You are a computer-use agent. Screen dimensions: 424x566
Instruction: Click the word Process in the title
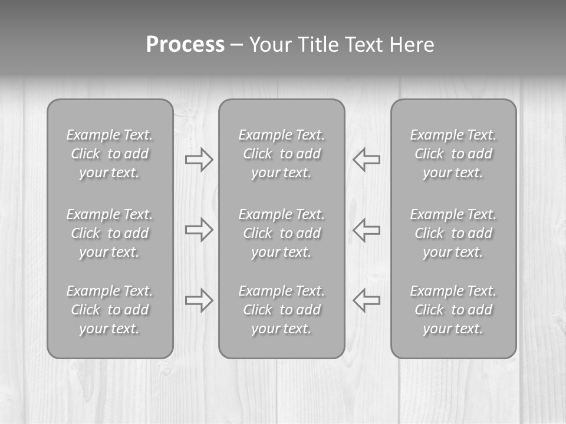185,45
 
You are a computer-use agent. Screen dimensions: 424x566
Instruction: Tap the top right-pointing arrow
199,160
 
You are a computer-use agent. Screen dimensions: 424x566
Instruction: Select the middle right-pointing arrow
199,230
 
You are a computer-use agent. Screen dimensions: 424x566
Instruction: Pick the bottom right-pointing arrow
199,300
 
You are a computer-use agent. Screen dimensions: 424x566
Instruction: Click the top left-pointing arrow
366,160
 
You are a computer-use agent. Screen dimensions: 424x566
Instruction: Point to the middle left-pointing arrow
366,230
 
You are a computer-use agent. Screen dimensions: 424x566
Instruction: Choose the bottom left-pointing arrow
366,300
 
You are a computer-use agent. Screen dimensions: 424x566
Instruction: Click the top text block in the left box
110,154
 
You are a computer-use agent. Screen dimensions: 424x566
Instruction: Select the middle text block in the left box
110,233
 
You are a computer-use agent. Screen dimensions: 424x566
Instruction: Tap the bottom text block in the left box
110,310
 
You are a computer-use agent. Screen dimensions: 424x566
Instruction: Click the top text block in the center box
281,154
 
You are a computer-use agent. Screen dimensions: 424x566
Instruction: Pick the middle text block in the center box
281,233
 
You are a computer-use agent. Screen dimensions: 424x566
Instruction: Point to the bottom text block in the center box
281,310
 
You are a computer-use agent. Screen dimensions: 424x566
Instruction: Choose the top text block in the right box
453,154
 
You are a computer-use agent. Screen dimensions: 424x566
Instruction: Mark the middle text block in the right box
453,233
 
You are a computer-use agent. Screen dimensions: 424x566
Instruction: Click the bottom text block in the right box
453,310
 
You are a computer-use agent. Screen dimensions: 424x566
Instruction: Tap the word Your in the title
270,45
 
